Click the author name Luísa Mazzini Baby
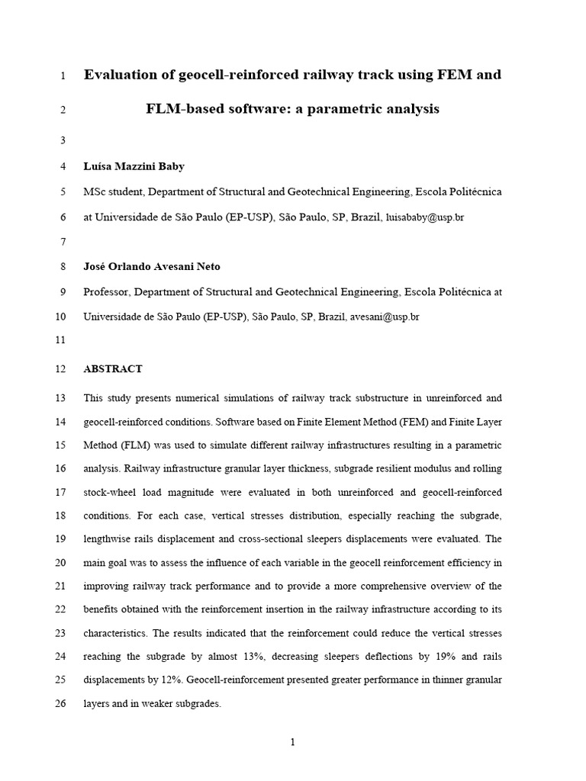[x=134, y=166]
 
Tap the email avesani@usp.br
[x=385, y=317]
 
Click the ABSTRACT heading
[x=113, y=369]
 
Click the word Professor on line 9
[x=108, y=291]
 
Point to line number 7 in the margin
[x=63, y=242]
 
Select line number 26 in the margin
[x=61, y=705]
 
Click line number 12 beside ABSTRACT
[x=61, y=369]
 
